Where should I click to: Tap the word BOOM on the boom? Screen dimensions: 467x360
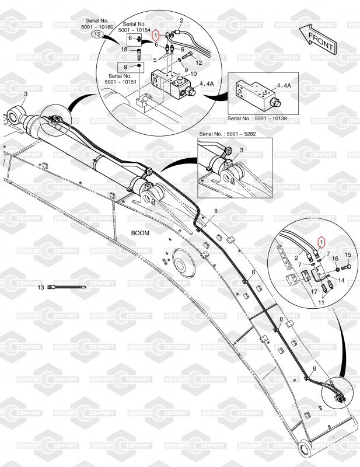141,232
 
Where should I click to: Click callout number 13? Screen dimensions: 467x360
41,288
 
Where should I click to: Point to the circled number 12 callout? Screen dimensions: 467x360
98,35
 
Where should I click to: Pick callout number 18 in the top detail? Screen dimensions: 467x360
124,51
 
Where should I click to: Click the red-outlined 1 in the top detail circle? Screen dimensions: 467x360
155,36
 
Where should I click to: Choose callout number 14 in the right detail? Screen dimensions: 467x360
342,280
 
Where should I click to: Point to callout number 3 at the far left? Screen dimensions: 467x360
26,94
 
